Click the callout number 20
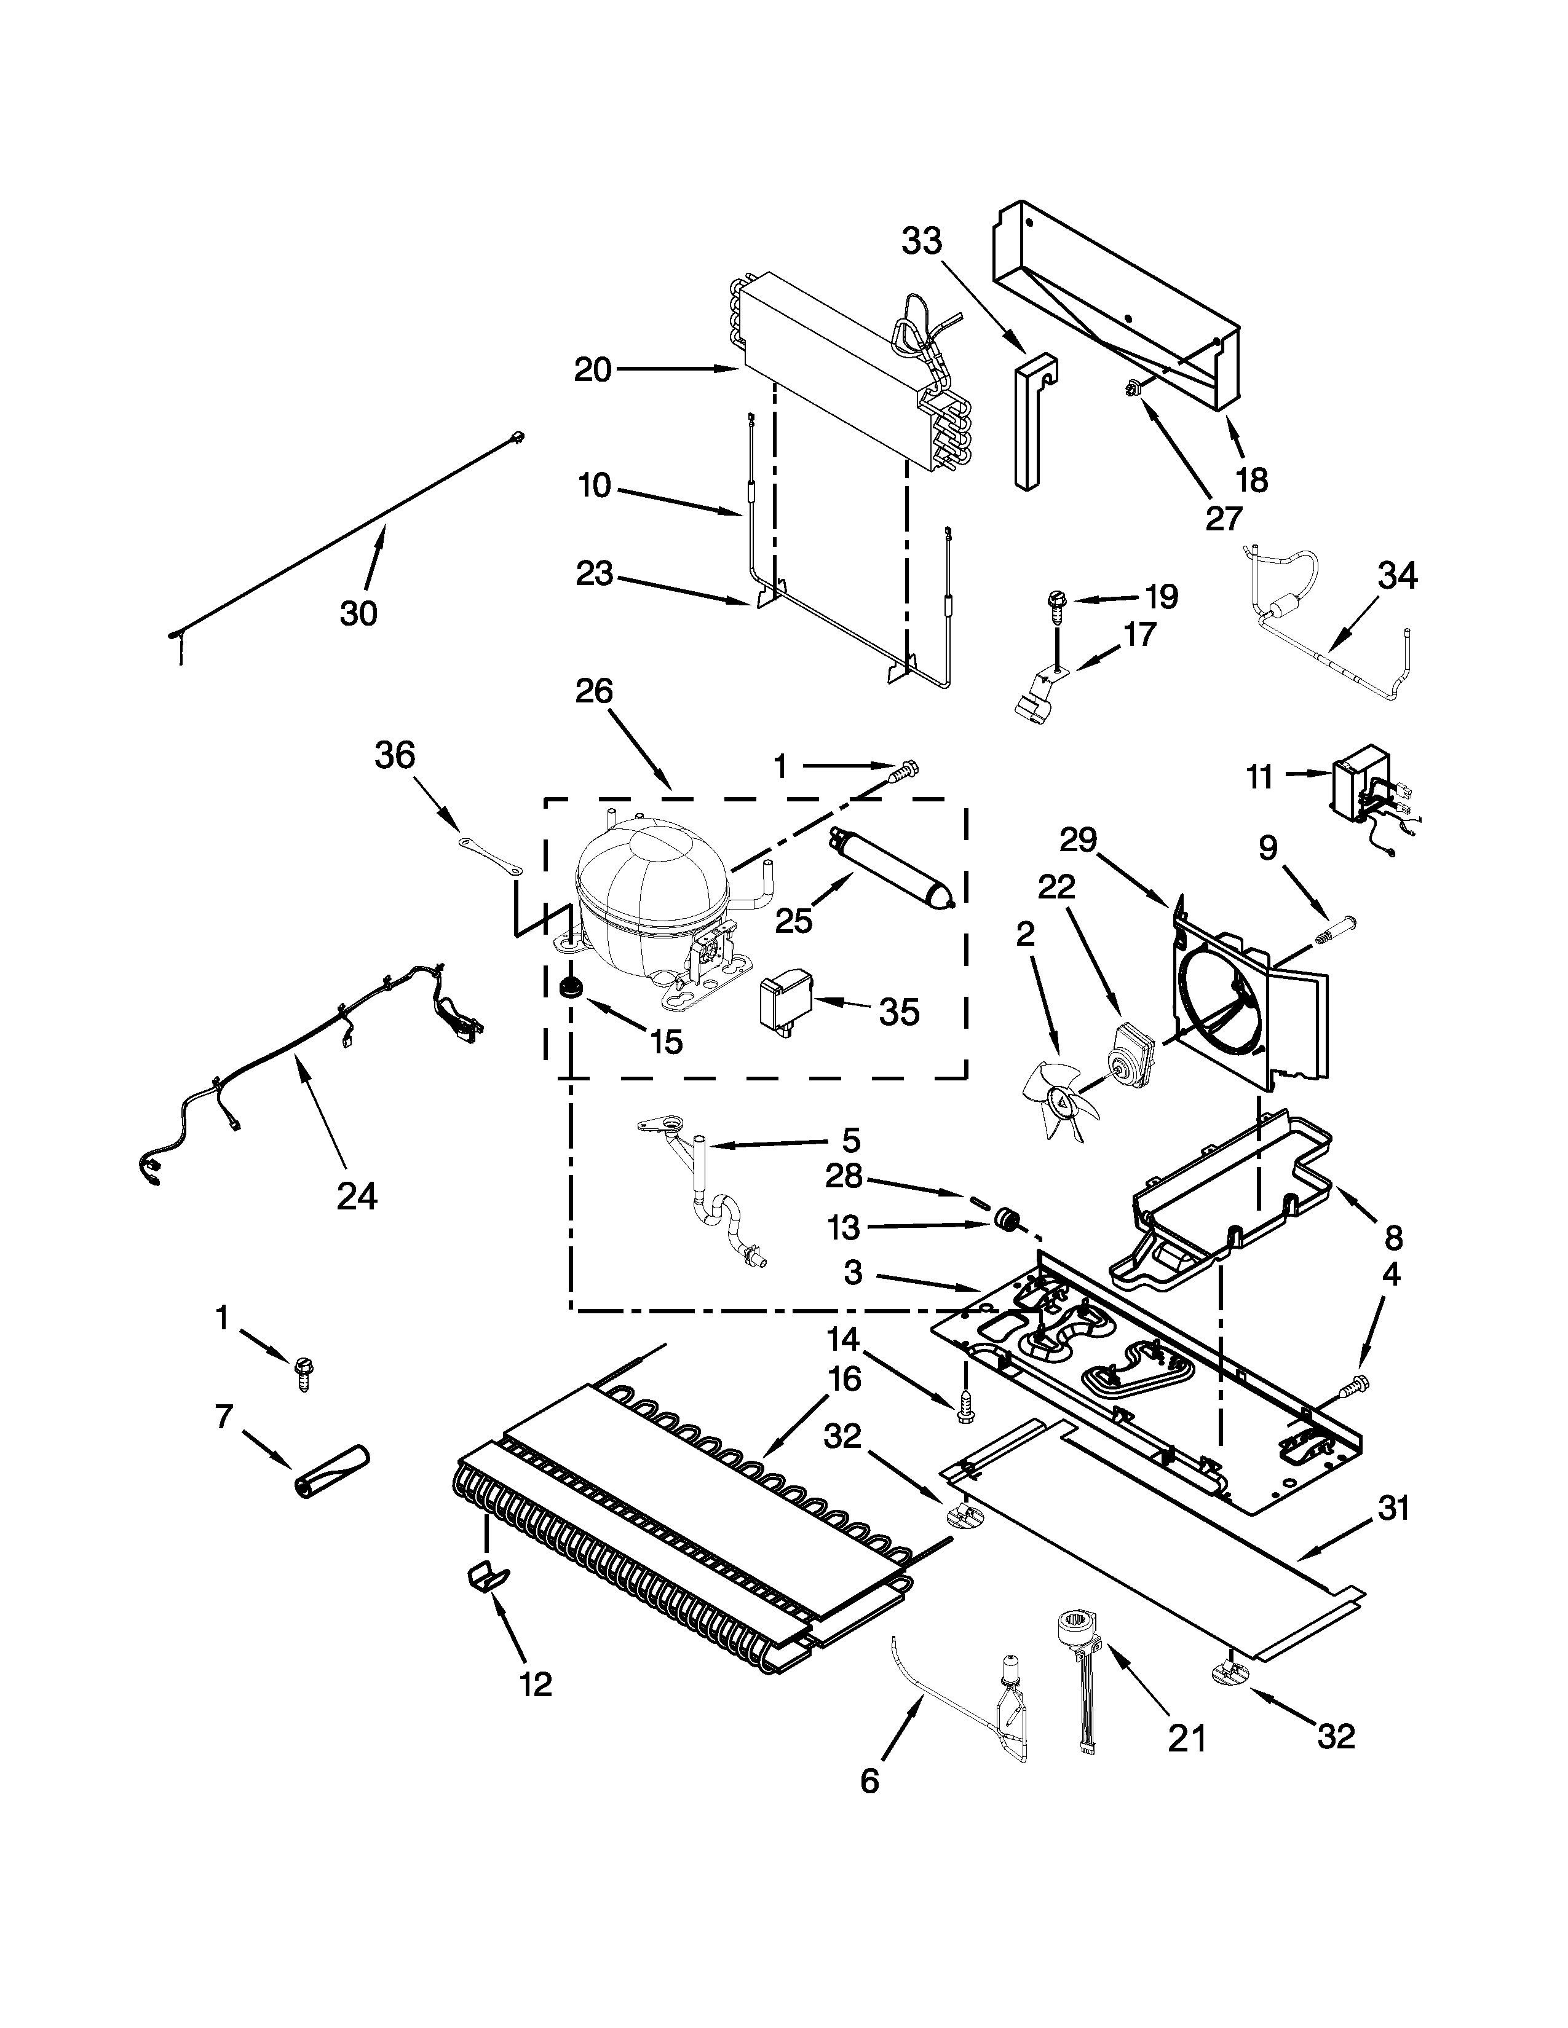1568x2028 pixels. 593,371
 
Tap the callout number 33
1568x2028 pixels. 922,242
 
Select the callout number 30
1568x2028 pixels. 358,614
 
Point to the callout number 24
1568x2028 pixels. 357,1196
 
